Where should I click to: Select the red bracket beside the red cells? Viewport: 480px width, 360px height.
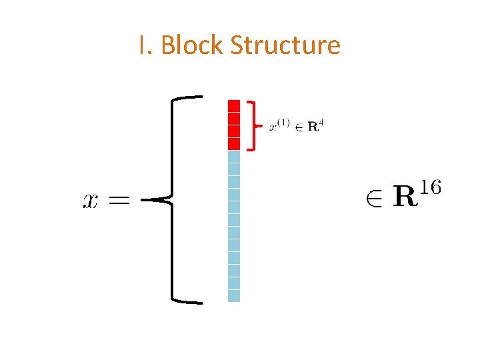coord(252,125)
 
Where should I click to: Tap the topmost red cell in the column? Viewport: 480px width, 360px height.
coord(234,105)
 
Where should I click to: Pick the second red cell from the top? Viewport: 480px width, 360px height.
coord(234,118)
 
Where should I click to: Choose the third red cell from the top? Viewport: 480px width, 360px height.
coord(234,131)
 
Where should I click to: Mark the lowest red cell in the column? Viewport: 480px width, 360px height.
coord(234,143)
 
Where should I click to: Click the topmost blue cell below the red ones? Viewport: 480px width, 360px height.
coord(234,156)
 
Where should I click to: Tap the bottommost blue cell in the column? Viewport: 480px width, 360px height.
coord(234,295)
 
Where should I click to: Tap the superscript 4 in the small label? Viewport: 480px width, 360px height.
coord(321,122)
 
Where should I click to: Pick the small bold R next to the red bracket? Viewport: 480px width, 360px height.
coord(313,127)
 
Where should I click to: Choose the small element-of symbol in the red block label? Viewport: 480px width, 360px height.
coord(299,127)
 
